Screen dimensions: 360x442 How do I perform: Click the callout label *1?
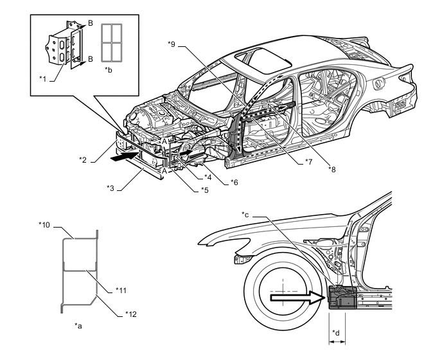[42, 78]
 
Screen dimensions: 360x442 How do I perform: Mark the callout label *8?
[331, 169]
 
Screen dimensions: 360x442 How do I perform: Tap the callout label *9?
[171, 44]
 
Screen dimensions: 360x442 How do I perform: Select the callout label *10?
[44, 225]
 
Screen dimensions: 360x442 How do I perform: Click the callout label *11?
[121, 290]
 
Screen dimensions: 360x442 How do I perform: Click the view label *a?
[78, 327]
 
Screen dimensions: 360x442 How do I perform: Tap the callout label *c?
[247, 214]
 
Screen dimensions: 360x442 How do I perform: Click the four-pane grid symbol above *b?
[113, 42]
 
